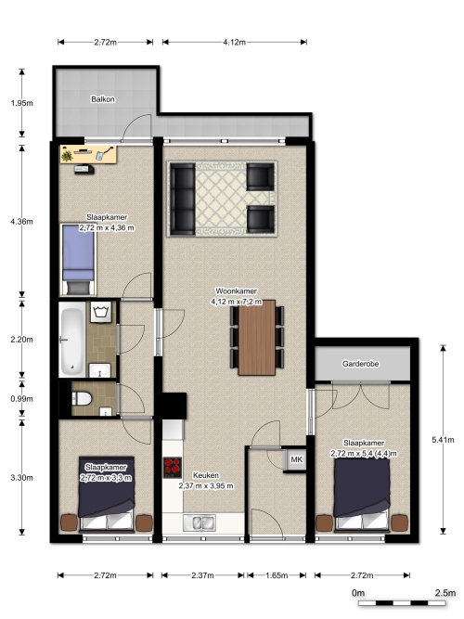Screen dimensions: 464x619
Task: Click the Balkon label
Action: pos(103,99)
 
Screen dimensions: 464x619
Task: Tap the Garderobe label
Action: pos(361,364)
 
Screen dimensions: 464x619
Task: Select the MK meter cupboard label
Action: pos(297,459)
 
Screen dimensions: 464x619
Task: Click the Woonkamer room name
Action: pos(236,291)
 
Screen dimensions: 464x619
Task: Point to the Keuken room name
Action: pos(206,475)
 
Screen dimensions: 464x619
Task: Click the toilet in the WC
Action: pos(82,398)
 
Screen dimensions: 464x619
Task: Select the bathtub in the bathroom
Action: pos(71,340)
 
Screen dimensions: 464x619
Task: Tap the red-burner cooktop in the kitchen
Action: pos(173,468)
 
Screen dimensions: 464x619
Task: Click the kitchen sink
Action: pos(200,522)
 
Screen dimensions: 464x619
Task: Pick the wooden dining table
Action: pos(257,338)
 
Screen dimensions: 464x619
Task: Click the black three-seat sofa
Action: pos(183,199)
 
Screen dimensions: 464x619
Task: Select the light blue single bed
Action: pos(78,259)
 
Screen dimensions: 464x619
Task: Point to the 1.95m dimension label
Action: pos(21,103)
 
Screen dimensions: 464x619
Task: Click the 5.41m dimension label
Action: pos(443,439)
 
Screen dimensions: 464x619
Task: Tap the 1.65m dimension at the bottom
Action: pos(277,575)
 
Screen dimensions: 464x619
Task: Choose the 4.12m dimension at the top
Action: pos(234,43)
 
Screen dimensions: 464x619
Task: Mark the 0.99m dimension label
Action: pos(21,399)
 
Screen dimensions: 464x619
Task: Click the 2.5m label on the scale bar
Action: pos(445,592)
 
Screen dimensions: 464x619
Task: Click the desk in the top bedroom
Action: pos(88,154)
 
